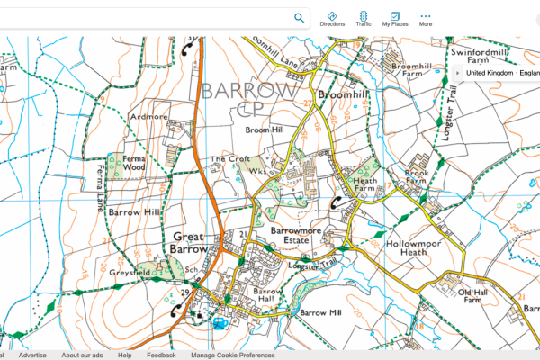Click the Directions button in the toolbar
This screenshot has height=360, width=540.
click(x=332, y=19)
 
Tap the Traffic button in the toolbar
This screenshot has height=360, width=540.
click(x=364, y=19)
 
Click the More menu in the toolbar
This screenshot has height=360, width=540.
click(x=426, y=19)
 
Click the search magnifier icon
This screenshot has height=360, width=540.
click(x=299, y=18)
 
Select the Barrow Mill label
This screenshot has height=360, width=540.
click(x=321, y=312)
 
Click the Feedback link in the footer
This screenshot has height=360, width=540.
click(x=161, y=355)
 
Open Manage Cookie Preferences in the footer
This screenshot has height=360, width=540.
click(x=232, y=355)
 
